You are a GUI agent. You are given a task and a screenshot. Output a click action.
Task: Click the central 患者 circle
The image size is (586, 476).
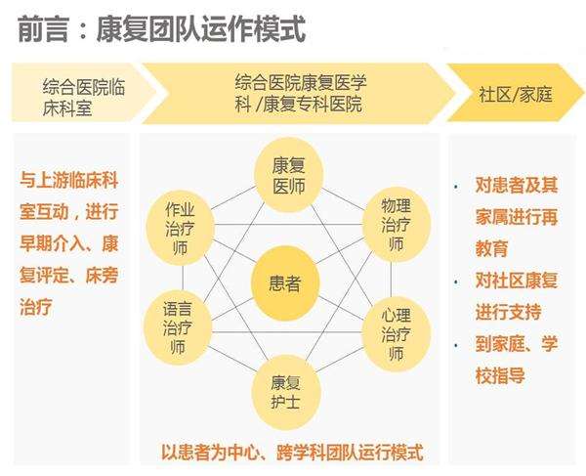pyautogui.click(x=285, y=283)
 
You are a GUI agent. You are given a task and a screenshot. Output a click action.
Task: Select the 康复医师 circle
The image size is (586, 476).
pyautogui.click(x=288, y=175)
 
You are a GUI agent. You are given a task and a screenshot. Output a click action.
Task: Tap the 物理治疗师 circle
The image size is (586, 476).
pyautogui.click(x=397, y=225)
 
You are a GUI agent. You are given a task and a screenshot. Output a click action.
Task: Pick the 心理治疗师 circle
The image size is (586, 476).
pyautogui.click(x=397, y=334)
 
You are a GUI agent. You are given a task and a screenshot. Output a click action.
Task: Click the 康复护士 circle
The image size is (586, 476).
pyautogui.click(x=286, y=393)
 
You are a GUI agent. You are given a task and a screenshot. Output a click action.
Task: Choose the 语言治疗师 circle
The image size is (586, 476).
pyautogui.click(x=178, y=327)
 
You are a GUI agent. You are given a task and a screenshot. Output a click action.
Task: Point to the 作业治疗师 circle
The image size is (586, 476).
pyautogui.click(x=180, y=228)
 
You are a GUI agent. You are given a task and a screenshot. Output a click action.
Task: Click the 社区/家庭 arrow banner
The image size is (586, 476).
pyautogui.click(x=515, y=93)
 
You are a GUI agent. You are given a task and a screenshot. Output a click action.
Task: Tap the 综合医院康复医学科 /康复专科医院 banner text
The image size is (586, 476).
pyautogui.click(x=301, y=93)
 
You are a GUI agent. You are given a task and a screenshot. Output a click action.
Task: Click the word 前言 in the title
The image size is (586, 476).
pyautogui.click(x=43, y=28)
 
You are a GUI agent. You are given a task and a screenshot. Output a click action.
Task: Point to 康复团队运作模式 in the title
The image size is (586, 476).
pyautogui.click(x=201, y=28)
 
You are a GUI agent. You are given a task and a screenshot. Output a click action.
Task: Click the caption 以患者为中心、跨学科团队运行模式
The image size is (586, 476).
pyautogui.click(x=292, y=453)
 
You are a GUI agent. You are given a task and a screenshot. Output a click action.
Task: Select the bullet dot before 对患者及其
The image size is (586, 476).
pyautogui.click(x=455, y=186)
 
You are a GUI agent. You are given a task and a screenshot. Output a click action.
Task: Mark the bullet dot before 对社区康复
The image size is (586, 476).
pyautogui.click(x=455, y=281)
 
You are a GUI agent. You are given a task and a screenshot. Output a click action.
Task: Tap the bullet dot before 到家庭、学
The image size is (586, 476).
pyautogui.click(x=455, y=345)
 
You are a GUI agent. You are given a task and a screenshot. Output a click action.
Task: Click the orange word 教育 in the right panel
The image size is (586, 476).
pyautogui.click(x=491, y=248)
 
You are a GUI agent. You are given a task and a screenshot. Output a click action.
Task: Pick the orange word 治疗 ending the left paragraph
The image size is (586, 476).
pyautogui.click(x=36, y=307)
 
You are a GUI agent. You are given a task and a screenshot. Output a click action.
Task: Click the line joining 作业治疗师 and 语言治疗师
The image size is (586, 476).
pyautogui.click(x=183, y=278)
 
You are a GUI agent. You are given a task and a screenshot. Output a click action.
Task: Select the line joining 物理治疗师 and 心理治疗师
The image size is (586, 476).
pyautogui.click(x=392, y=280)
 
